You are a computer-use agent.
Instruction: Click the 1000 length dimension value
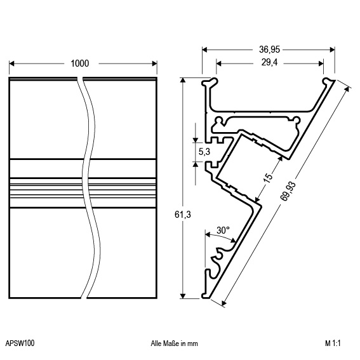[79, 63]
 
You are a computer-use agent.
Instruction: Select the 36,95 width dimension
[269, 50]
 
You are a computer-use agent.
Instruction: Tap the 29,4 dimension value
[269, 62]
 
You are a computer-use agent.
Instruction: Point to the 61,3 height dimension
[183, 215]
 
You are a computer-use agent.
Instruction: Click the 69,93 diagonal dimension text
[288, 191]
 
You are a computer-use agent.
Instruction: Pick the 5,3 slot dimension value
[204, 152]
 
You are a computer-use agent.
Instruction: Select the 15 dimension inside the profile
[268, 177]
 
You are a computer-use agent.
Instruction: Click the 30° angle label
[223, 230]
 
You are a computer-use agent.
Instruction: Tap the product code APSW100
[20, 343]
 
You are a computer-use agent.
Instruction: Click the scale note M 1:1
[333, 343]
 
